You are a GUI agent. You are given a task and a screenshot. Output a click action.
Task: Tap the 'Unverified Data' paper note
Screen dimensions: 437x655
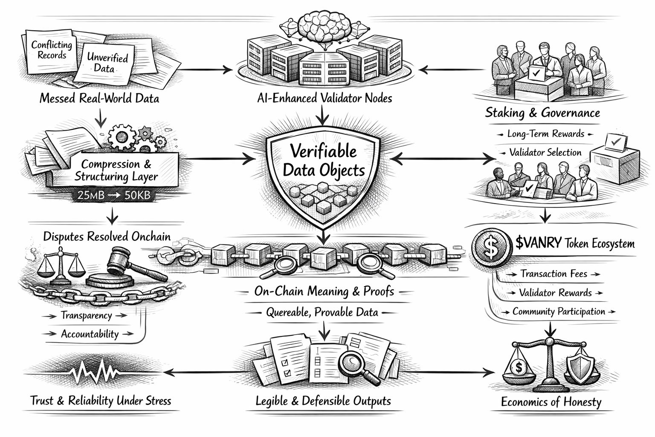click(104, 62)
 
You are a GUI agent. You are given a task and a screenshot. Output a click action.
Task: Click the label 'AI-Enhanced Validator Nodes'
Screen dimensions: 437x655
click(325, 98)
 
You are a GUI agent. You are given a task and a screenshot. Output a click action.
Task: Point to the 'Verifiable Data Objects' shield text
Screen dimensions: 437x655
click(324, 161)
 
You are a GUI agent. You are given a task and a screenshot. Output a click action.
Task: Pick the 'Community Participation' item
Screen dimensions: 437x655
click(559, 312)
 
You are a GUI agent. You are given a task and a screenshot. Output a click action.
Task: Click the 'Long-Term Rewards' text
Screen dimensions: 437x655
click(545, 134)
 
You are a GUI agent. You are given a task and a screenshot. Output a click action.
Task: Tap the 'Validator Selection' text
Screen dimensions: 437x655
click(545, 152)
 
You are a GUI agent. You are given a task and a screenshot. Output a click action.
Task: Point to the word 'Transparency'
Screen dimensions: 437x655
click(87, 315)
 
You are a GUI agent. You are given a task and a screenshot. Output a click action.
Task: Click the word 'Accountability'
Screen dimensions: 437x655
click(90, 334)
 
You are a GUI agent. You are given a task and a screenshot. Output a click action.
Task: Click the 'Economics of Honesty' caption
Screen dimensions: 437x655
click(551, 402)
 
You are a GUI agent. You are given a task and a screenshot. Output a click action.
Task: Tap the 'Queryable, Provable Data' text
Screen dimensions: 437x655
click(322, 312)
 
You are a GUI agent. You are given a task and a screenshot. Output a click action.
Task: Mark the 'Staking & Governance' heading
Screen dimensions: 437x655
click(542, 113)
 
